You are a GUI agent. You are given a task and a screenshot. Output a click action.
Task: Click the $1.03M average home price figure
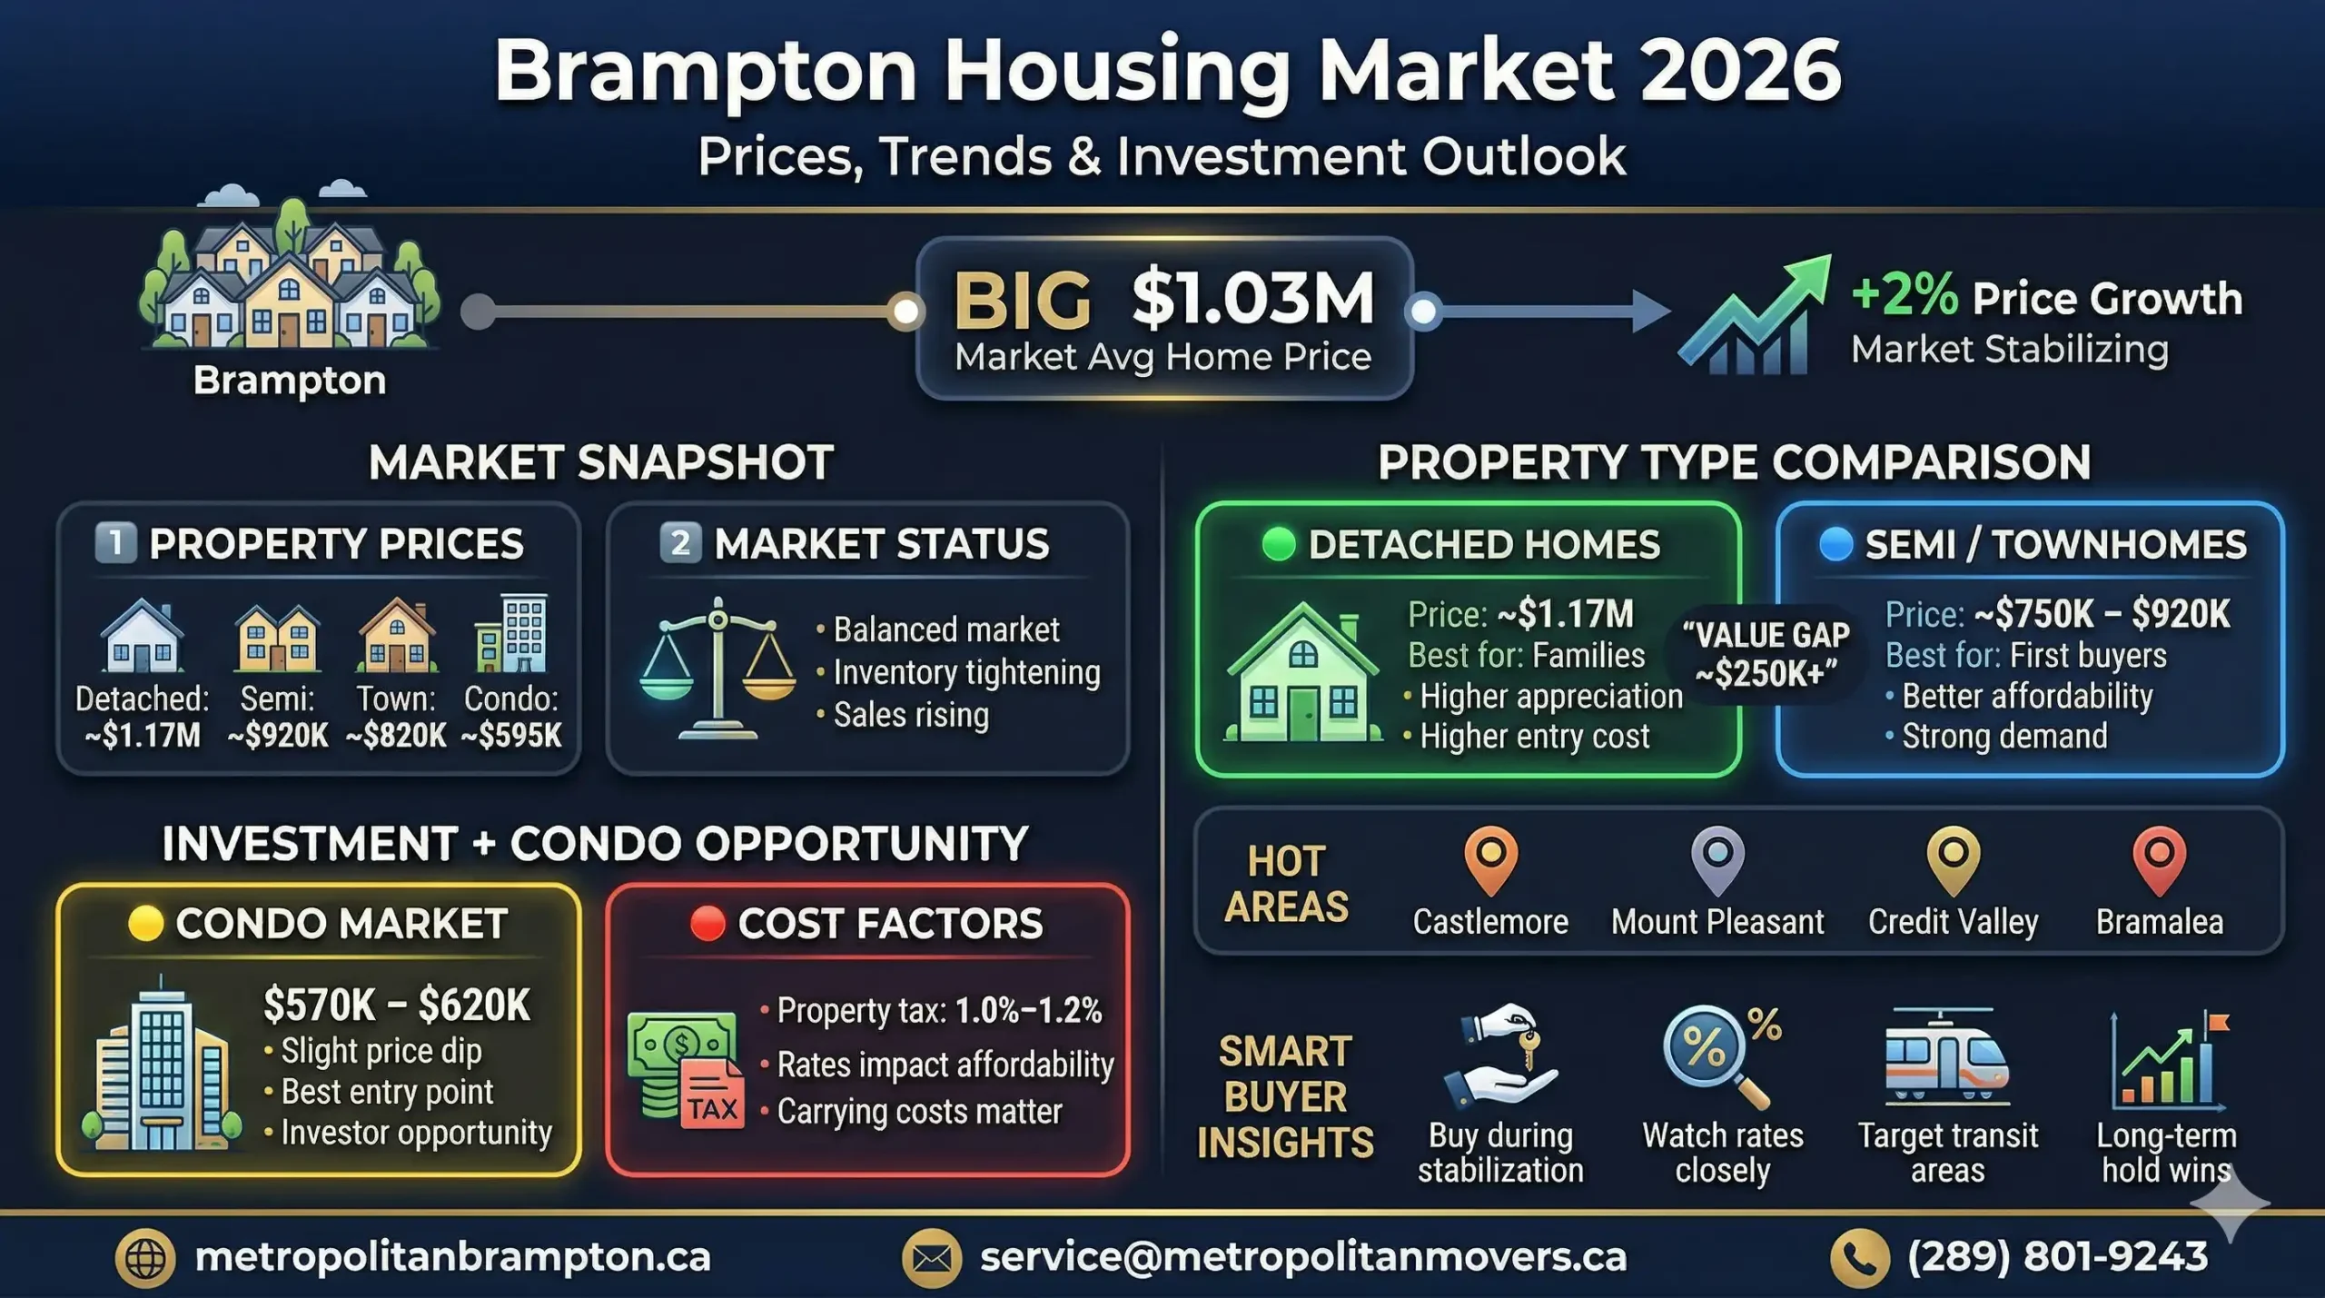[x=1252, y=298]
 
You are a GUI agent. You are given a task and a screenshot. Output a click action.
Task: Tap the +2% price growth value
[x=1905, y=295]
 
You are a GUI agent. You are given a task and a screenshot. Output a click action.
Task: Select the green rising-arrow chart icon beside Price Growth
[x=1753, y=316]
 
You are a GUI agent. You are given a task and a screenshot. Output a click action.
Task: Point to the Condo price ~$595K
[x=511, y=735]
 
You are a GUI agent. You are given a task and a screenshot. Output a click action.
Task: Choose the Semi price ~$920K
[x=278, y=735]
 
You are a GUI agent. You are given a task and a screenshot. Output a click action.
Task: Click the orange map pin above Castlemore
[x=1490, y=857]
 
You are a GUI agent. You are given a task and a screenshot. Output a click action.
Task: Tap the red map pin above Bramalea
[x=2159, y=857]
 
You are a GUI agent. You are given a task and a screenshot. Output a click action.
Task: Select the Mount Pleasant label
[x=1717, y=922]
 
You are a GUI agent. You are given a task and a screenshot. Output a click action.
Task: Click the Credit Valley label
[x=1953, y=922]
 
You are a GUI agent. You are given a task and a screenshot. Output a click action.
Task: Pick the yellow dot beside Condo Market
[x=145, y=923]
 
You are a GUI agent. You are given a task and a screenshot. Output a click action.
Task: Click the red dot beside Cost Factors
[x=707, y=923]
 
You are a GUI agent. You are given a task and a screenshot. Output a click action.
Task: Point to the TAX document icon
[x=712, y=1095]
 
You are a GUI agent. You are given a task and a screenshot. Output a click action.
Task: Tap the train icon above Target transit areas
[x=1946, y=1058]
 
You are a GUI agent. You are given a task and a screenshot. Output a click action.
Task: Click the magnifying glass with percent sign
[x=1712, y=1054]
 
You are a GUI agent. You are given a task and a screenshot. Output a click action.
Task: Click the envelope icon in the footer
[x=931, y=1258]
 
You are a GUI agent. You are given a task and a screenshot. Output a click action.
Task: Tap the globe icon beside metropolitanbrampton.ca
[x=145, y=1258]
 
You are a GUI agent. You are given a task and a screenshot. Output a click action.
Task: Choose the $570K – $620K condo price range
[x=396, y=1005]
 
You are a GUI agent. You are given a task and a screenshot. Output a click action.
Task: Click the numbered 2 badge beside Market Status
[x=679, y=543]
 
